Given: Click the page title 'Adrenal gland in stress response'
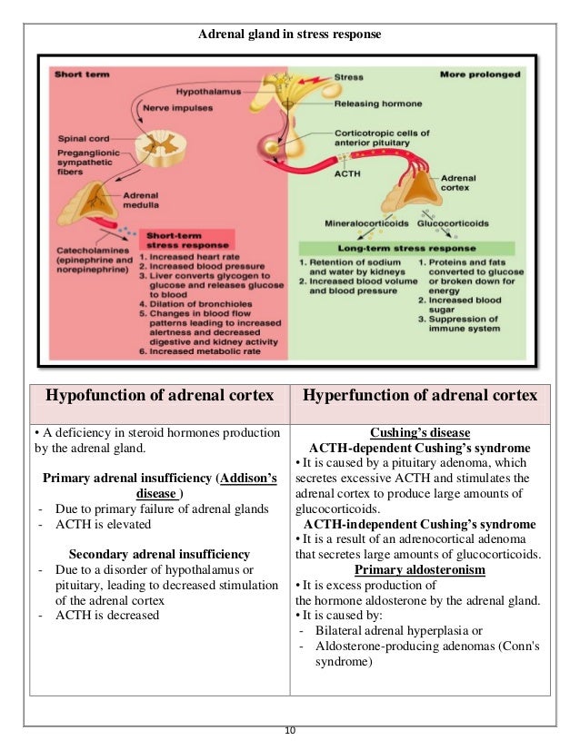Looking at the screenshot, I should pos(290,35).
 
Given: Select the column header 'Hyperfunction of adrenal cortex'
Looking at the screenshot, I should pos(419,396).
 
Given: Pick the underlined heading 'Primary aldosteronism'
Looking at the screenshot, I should pos(419,569).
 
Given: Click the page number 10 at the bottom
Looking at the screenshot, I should pos(290,732).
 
